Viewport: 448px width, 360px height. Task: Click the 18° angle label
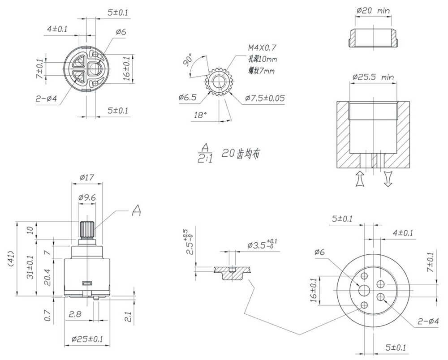coord(199,115)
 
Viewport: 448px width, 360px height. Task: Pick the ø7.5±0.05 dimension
coord(265,99)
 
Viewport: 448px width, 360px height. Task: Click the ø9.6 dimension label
coord(87,197)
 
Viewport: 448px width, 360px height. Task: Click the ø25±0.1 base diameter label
coord(87,340)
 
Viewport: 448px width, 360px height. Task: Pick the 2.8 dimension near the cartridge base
coord(74,315)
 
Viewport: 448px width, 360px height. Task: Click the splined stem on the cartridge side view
coord(86,231)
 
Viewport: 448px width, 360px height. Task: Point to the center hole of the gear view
coord(219,82)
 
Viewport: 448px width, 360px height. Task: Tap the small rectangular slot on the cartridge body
coord(86,283)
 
